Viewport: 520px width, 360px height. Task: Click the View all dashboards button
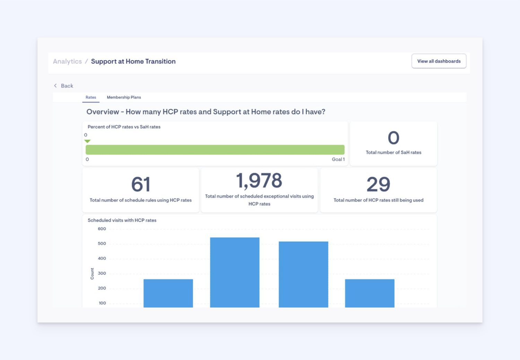tap(439, 61)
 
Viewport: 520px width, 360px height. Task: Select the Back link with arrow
tap(64, 86)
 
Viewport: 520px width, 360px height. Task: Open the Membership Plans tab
tap(124, 97)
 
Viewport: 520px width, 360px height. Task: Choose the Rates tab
tap(91, 97)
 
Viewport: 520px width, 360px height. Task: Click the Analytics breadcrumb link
tap(67, 61)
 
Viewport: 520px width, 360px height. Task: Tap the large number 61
tap(140, 184)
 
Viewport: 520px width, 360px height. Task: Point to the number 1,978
tap(259, 181)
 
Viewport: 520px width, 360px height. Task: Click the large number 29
tap(378, 184)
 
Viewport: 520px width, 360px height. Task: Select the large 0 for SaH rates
tap(393, 138)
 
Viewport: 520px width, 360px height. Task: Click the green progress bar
tap(215, 150)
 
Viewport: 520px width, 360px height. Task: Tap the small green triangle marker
tap(87, 141)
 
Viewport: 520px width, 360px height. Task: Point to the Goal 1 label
tap(338, 160)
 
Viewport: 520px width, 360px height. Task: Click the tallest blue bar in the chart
tap(235, 272)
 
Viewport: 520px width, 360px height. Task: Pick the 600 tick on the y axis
tap(102, 229)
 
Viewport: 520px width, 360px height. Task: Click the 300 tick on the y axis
tap(102, 273)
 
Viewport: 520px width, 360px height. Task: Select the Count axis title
tap(92, 274)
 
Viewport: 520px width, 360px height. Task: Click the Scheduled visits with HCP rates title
tap(122, 220)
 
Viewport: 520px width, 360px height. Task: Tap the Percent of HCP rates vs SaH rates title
tap(124, 127)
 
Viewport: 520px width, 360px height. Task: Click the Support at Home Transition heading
tap(133, 61)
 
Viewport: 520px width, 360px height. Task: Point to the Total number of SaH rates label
tap(393, 152)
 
